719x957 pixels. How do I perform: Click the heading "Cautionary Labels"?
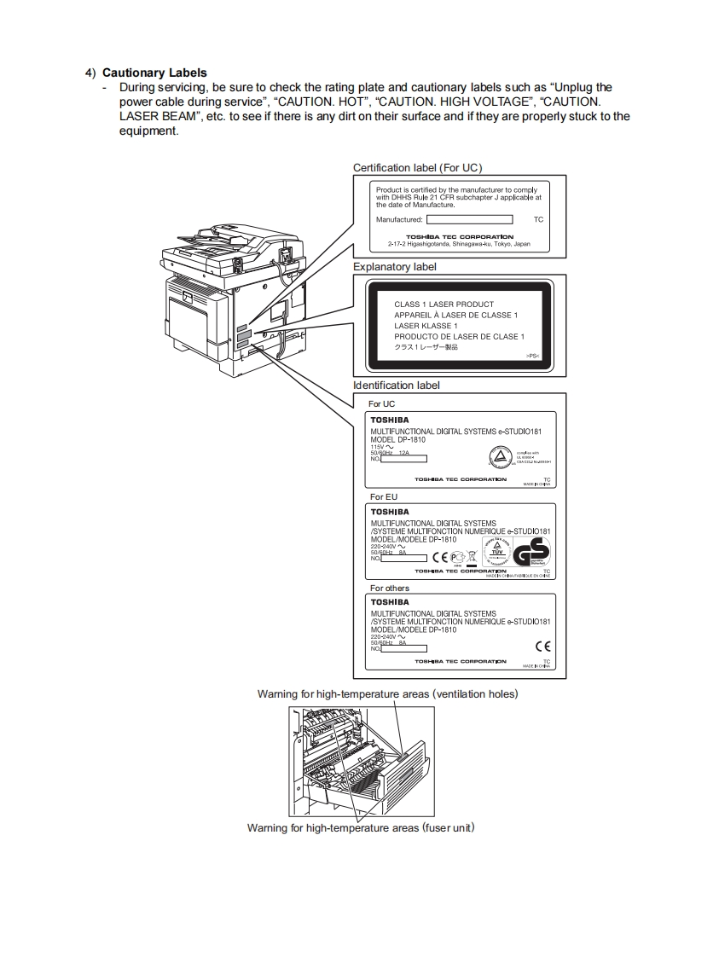[x=154, y=72]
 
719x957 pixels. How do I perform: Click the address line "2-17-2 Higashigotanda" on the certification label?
[x=459, y=244]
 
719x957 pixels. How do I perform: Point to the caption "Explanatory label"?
[x=395, y=267]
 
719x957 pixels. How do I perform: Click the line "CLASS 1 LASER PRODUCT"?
[x=444, y=304]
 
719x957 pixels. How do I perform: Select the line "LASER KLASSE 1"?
[x=426, y=326]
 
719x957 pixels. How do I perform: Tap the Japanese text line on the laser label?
[x=426, y=347]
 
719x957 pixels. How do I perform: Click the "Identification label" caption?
[x=397, y=386]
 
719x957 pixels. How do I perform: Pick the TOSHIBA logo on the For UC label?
[x=389, y=420]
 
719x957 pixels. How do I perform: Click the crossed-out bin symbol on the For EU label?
[x=471, y=556]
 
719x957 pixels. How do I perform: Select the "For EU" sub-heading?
[x=384, y=496]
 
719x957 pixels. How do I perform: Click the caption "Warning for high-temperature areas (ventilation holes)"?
[x=387, y=694]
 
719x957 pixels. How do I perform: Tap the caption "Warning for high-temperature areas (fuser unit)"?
[x=360, y=827]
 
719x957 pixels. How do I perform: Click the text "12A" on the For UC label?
[x=404, y=453]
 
